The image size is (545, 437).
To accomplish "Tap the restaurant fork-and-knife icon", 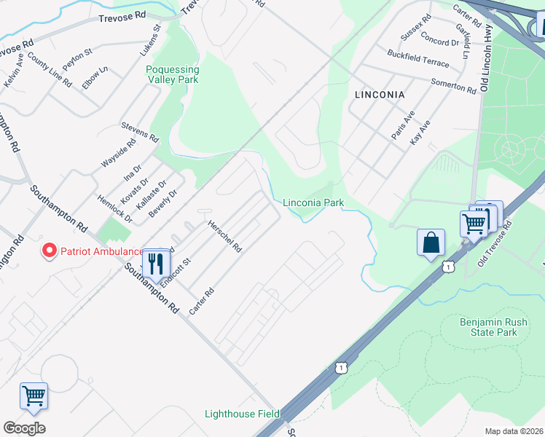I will [155, 262].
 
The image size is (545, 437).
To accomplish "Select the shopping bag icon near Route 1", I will [431, 242].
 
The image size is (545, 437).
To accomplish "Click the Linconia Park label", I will [313, 202].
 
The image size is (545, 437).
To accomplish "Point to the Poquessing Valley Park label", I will [173, 74].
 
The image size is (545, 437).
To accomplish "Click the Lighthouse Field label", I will [241, 414].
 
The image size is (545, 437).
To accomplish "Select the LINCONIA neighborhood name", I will [379, 95].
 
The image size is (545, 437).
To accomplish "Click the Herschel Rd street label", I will [225, 236].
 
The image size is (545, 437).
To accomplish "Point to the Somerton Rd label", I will [452, 85].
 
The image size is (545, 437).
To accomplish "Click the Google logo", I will [24, 428].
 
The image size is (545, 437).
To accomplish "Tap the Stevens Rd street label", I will [140, 131].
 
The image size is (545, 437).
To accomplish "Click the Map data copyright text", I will [514, 431].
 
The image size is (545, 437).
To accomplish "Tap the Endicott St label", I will [176, 272].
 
